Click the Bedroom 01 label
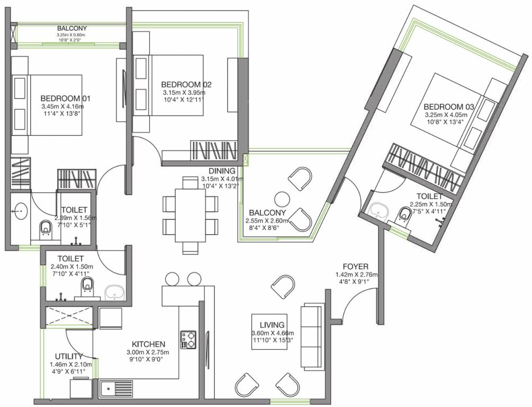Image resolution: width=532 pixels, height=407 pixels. pos(66,99)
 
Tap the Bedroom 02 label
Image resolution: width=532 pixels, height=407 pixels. pos(186,84)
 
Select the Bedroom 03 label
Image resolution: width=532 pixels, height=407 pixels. pos(448,107)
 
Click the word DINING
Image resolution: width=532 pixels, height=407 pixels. pos(222,171)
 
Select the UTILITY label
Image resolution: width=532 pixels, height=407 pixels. pos(69,356)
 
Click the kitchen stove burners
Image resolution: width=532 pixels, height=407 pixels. pos(188,340)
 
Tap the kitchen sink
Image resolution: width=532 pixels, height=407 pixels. pos(116,389)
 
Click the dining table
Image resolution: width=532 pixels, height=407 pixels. pos(190,215)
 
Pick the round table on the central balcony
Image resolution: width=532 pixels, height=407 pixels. pos(282,199)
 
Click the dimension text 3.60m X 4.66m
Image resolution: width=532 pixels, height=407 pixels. pos(273,333)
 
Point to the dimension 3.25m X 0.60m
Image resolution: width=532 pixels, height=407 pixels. pos(71,35)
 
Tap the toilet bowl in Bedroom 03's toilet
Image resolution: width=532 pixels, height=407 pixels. pos(404,214)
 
